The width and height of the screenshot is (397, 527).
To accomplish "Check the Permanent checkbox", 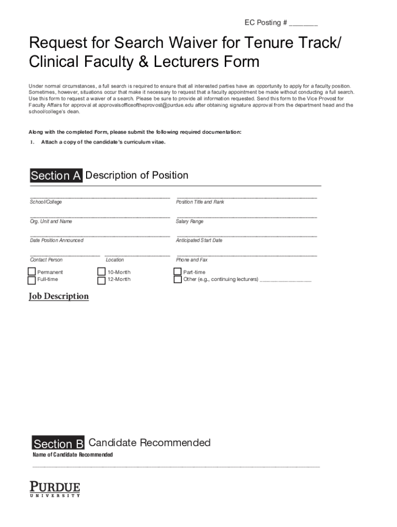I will (x=32, y=272).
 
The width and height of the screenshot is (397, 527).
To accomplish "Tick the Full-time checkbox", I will (x=32, y=280).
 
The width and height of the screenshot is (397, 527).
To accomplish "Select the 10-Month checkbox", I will (x=102, y=272).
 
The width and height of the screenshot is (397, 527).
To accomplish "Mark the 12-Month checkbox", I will (x=102, y=280).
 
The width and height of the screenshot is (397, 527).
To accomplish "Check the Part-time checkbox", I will (x=178, y=272).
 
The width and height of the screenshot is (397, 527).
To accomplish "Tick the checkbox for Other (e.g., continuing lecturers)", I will (x=178, y=279).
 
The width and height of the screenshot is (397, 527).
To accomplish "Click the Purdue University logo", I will (x=55, y=489).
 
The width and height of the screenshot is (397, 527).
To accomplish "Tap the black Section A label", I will (x=56, y=176).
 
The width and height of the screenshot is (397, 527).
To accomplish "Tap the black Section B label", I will (x=58, y=444).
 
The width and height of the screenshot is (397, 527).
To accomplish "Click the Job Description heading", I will (x=59, y=296).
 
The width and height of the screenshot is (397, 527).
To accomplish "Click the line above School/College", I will (x=100, y=197).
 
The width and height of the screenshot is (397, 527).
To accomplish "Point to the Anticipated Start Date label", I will (x=199, y=240).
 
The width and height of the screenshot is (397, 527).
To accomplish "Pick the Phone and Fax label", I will (x=192, y=260).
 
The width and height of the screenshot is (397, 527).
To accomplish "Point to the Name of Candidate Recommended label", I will (x=73, y=455).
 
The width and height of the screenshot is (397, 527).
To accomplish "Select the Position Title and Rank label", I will (x=200, y=202).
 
